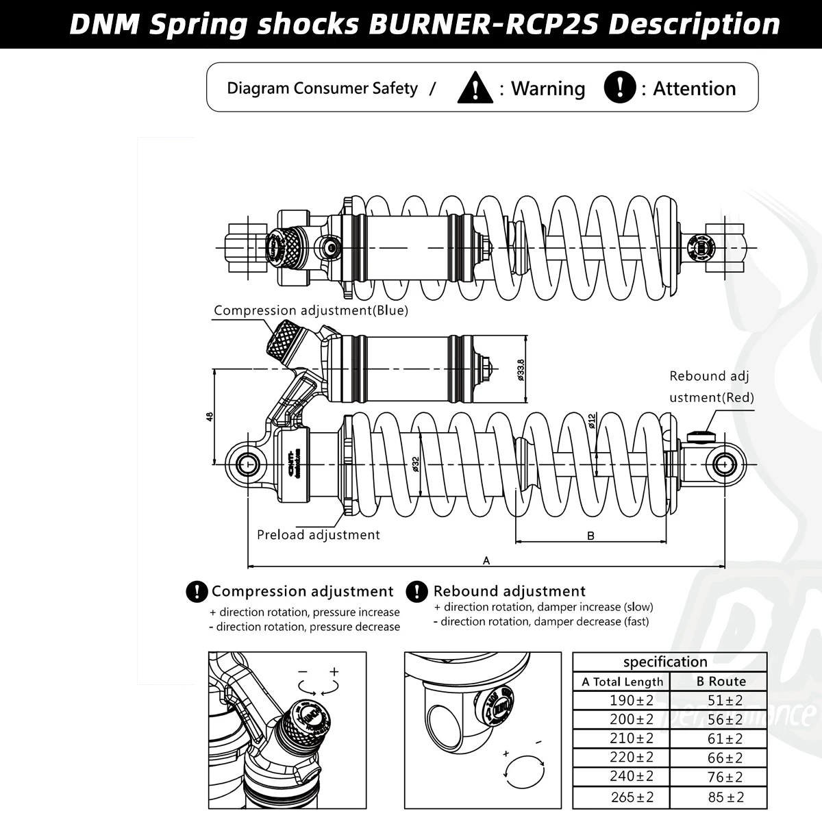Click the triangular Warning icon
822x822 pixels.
pos(475,88)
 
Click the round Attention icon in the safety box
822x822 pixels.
pos(620,88)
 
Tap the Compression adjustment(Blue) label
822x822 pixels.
pos(310,310)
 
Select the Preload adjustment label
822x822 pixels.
pos(318,535)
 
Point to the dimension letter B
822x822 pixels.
pos(590,536)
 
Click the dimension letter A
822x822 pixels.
pos(486,560)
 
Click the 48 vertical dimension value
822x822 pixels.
pos(210,416)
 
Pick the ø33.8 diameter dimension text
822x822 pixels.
pos(521,369)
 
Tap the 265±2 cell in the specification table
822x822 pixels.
pos(632,797)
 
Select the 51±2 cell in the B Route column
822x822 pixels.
pos(725,701)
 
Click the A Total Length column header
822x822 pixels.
pos(622,682)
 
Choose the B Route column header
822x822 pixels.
pos(721,682)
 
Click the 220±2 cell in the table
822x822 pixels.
pos(632,758)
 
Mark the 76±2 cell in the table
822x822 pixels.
pos(725,777)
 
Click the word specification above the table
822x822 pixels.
pos(664,662)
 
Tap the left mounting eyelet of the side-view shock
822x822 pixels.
pos(248,464)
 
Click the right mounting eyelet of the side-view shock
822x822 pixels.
pos(723,464)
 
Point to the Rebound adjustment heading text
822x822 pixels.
pos(509,591)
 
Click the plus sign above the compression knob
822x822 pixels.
pos(334,671)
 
